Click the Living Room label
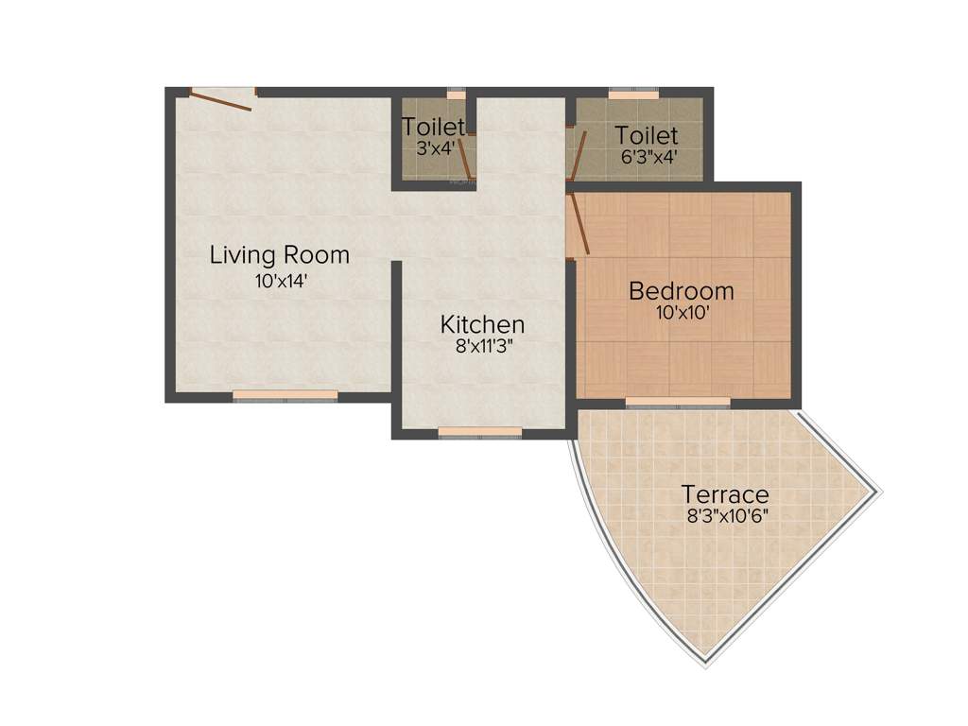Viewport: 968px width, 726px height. (280, 254)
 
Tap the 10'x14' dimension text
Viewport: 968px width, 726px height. (281, 281)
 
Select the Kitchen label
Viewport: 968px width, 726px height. (482, 324)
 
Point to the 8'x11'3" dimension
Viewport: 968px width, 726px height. (482, 347)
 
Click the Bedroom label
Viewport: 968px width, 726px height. (682, 290)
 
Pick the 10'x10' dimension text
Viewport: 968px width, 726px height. (682, 312)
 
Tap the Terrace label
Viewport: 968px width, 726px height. (726, 494)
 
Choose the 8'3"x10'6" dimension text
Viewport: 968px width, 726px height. (726, 516)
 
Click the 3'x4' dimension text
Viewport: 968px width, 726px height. (435, 147)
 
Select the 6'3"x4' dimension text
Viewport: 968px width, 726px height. (648, 157)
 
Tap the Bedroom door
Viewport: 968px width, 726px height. (579, 223)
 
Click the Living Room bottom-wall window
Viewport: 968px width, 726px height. (285, 395)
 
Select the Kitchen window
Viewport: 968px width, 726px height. (480, 432)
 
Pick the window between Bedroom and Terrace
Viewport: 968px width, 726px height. (678, 402)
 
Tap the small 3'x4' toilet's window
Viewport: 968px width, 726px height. (457, 95)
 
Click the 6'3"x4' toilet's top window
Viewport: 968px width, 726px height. (633, 95)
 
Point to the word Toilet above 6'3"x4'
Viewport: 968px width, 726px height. (647, 135)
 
